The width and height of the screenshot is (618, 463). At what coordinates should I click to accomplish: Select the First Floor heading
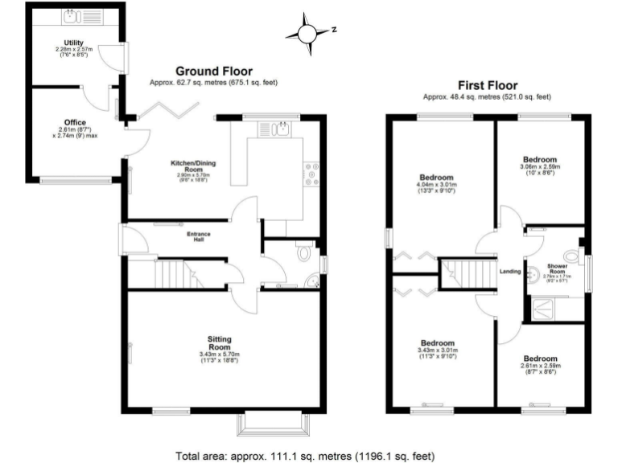487,85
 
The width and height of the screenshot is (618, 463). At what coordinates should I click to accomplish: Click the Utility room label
74,43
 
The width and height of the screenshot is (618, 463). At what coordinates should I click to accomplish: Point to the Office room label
74,123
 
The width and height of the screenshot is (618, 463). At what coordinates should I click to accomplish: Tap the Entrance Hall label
198,236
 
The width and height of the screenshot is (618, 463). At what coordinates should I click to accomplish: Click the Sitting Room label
219,342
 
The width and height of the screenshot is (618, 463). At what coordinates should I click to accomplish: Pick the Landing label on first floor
510,271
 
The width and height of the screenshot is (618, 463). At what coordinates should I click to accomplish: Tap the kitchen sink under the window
282,128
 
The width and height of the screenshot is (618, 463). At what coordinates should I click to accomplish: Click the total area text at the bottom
309,454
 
